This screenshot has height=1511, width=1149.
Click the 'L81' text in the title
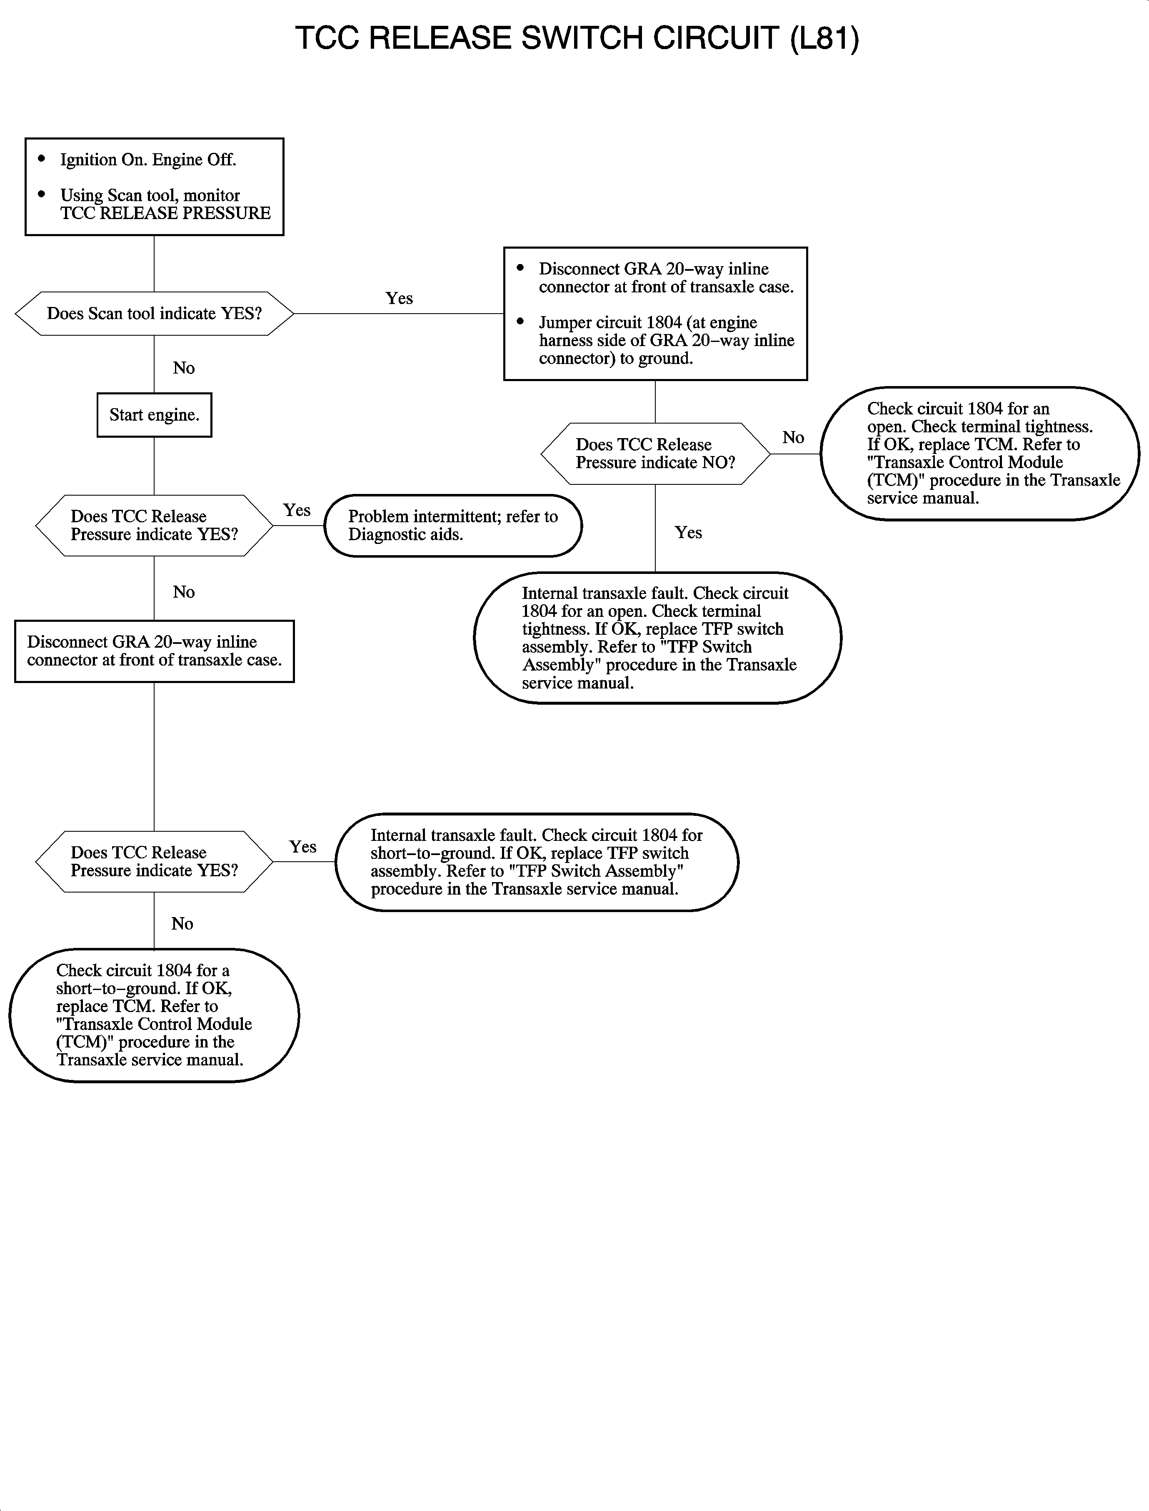pyautogui.click(x=824, y=38)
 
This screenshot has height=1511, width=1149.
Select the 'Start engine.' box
pyautogui.click(x=154, y=415)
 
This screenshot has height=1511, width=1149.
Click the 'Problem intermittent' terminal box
pyautogui.click(x=453, y=526)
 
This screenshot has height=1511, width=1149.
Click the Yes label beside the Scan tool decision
pyautogui.click(x=399, y=298)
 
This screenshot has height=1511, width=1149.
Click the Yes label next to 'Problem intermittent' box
pyautogui.click(x=297, y=511)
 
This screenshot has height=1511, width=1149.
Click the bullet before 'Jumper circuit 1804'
pyautogui.click(x=520, y=322)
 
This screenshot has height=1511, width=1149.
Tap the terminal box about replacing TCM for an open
pyautogui.click(x=979, y=453)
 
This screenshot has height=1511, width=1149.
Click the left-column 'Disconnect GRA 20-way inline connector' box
pyautogui.click(x=154, y=651)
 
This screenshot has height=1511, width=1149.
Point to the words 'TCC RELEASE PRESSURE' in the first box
pyautogui.click(x=165, y=213)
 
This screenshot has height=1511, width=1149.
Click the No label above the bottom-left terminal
pyautogui.click(x=182, y=924)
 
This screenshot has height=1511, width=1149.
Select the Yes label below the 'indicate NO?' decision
pyautogui.click(x=688, y=533)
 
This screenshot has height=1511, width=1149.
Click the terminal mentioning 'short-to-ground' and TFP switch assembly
pyautogui.click(x=537, y=862)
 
